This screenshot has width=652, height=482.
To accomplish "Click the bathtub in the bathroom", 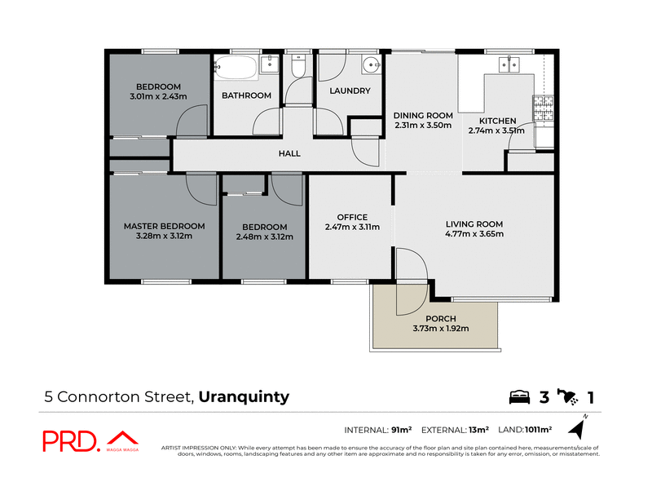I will pyautogui.click(x=237, y=67).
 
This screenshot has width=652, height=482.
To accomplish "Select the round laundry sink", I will pyautogui.click(x=371, y=67).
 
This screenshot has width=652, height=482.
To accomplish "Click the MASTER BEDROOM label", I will pyautogui.click(x=164, y=226).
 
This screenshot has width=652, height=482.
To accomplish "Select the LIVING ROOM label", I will pyautogui.click(x=474, y=223).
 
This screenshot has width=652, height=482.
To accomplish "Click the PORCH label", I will pyautogui.click(x=441, y=318).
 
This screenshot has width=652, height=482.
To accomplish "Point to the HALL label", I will pyautogui.click(x=289, y=153).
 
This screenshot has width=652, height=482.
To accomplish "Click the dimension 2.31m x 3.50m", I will pyautogui.click(x=423, y=126).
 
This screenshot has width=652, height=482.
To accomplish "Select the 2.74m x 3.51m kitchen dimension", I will pyautogui.click(x=497, y=130).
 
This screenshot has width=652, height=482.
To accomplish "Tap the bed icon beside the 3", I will pyautogui.click(x=519, y=398).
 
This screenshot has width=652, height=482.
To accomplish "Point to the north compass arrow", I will pyautogui.click(x=580, y=427).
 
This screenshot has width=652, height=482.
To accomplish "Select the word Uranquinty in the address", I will pyautogui.click(x=243, y=398).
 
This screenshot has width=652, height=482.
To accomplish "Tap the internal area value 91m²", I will pyautogui.click(x=402, y=429).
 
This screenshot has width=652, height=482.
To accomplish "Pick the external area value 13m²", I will pyautogui.click(x=478, y=429).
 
